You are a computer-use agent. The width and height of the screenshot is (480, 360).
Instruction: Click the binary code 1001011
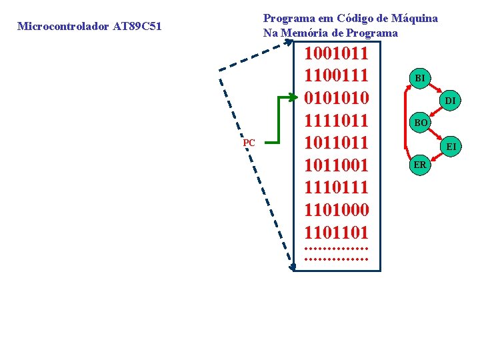click(x=336, y=53)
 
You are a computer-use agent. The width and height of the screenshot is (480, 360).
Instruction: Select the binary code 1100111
click(x=336, y=75)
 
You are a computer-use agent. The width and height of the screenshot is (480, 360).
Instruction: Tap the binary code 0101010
click(x=336, y=98)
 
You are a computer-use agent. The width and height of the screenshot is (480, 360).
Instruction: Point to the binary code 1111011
click(x=336, y=121)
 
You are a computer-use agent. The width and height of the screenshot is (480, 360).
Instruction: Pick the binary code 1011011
click(x=336, y=143)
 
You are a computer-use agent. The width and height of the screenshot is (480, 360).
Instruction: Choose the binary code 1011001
click(x=336, y=165)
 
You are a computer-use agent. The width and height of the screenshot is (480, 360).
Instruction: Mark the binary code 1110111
click(x=336, y=188)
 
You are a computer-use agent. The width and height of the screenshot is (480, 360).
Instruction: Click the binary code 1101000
click(x=336, y=211)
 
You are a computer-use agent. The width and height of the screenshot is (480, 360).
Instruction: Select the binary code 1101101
click(x=336, y=233)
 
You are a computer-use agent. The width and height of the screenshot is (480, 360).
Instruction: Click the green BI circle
click(x=420, y=78)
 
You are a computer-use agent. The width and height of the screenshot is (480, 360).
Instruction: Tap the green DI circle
click(x=451, y=100)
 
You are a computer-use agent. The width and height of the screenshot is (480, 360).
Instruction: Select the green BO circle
click(x=421, y=123)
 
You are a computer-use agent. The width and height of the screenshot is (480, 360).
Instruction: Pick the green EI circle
click(x=451, y=145)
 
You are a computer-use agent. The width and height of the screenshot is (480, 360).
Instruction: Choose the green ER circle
click(x=420, y=165)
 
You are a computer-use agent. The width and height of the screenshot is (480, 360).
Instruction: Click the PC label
click(x=249, y=143)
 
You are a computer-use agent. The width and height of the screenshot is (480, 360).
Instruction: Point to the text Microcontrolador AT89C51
click(x=89, y=27)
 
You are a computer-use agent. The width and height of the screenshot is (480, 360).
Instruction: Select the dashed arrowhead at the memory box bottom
click(x=293, y=268)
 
